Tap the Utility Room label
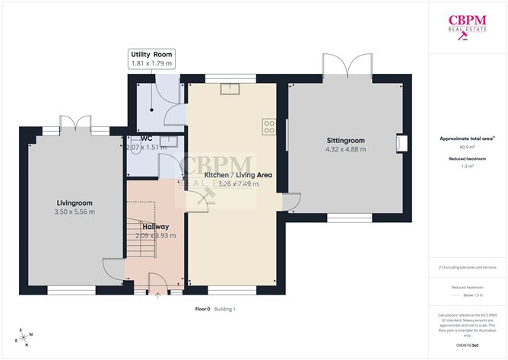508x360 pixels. pyautogui.click(x=152, y=55)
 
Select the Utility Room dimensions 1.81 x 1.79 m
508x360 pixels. pyautogui.click(x=152, y=65)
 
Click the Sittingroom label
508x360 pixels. pyautogui.click(x=346, y=141)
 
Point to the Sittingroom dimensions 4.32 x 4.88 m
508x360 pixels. pyautogui.click(x=346, y=150)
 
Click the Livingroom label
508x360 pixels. pyautogui.click(x=75, y=202)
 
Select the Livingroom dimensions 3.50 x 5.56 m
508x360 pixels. pyautogui.click(x=75, y=212)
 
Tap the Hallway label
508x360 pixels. pyautogui.click(x=155, y=227)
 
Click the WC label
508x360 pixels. pyautogui.click(x=146, y=139)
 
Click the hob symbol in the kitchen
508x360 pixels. pyautogui.click(x=268, y=126)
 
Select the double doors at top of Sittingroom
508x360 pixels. pyautogui.click(x=348, y=66)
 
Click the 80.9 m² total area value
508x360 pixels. pyautogui.click(x=467, y=148)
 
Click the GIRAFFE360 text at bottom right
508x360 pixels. pyautogui.click(x=467, y=346)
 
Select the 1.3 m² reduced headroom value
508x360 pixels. pyautogui.click(x=467, y=166)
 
